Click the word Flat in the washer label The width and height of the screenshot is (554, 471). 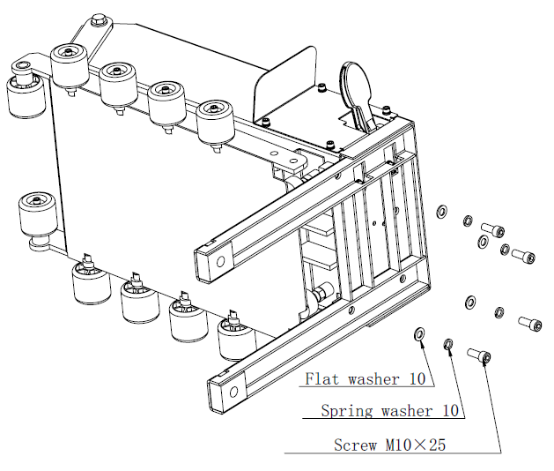point(321,380)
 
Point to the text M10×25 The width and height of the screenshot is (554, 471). point(415,445)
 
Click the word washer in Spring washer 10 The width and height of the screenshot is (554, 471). point(408,411)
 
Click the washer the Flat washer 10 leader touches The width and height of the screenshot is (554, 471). point(419,334)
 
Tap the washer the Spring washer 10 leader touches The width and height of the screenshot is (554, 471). point(449,343)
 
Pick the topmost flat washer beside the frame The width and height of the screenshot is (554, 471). point(443,212)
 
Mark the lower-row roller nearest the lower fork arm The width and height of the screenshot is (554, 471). point(233,336)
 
